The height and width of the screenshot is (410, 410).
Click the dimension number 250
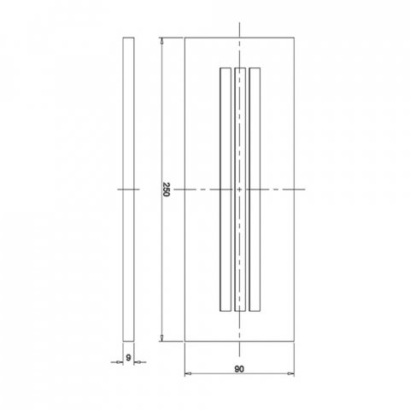[167, 189]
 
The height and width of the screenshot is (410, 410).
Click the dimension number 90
[240, 369]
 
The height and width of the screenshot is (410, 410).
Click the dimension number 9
[128, 357]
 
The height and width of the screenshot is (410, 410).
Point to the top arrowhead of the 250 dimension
[162, 40]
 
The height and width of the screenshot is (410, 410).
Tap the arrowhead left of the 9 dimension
[120, 363]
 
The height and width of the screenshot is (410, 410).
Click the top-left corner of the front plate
[184, 37]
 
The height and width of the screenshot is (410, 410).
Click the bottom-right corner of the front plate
[296, 341]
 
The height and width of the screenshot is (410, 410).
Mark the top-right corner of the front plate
[296, 37]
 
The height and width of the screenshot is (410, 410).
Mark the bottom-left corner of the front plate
[184, 341]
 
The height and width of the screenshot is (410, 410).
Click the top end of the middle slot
[240, 67]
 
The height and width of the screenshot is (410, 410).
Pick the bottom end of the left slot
[225, 310]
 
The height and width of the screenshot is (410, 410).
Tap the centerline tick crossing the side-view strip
[128, 188]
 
